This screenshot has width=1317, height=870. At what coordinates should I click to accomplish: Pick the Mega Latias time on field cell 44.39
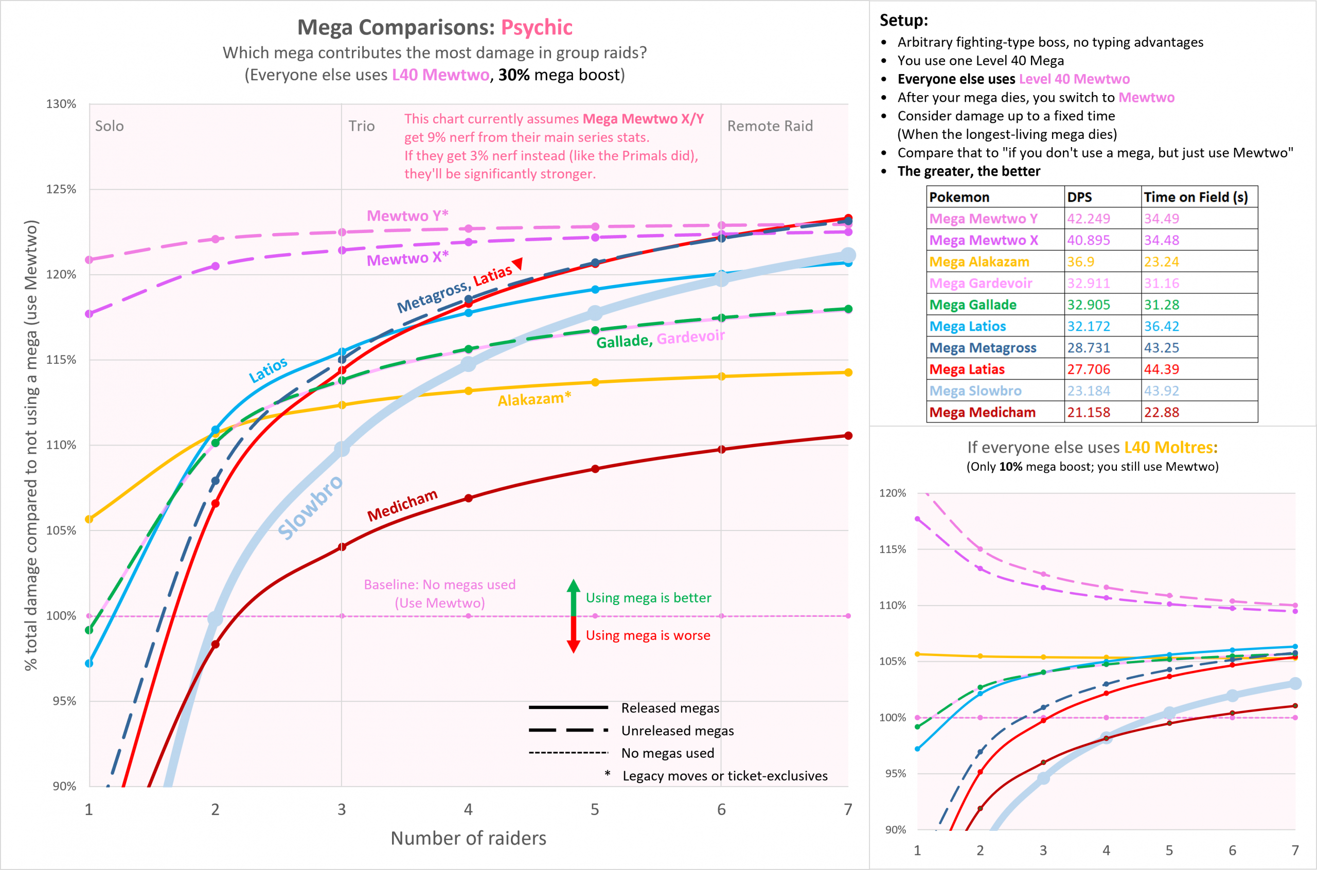click(x=1161, y=369)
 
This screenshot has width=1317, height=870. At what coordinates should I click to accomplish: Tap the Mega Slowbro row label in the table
click(x=975, y=391)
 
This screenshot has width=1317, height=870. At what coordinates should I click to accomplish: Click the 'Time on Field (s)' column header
click(x=1196, y=197)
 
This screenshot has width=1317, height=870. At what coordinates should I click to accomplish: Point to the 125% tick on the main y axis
click(x=61, y=189)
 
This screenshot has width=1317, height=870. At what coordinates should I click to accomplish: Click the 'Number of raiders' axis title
click(x=468, y=838)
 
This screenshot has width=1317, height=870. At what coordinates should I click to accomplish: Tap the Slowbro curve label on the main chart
click(x=310, y=507)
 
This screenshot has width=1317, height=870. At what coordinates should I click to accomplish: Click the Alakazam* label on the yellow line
click(x=533, y=399)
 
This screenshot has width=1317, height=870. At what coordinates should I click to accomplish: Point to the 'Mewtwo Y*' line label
click(x=407, y=215)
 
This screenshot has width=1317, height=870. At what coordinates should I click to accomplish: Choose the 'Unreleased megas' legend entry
click(x=677, y=731)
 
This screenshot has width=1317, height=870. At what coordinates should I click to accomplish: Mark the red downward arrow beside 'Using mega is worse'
click(x=574, y=636)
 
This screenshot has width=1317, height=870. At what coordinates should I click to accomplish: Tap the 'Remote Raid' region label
click(x=770, y=126)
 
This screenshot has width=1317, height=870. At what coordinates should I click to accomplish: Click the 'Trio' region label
click(x=361, y=126)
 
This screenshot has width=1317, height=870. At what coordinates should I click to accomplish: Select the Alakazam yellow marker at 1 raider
click(x=89, y=519)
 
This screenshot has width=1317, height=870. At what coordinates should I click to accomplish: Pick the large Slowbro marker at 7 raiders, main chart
click(x=848, y=255)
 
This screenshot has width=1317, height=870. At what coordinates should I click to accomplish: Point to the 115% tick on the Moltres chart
click(x=892, y=549)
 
